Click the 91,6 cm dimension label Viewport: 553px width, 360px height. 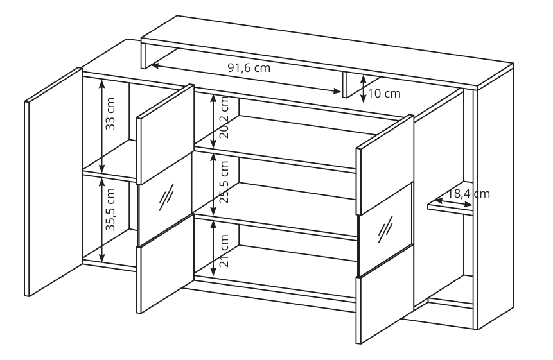click(x=249, y=67)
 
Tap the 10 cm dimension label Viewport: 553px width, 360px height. click(x=384, y=94)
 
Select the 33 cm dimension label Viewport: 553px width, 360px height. click(x=110, y=114)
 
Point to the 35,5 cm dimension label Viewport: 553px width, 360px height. click(x=110, y=209)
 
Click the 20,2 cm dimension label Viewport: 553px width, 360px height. click(x=224, y=117)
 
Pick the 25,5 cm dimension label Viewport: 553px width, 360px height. click(x=224, y=182)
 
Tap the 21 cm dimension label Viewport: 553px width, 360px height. click(x=224, y=250)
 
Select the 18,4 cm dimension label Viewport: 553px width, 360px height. click(x=469, y=194)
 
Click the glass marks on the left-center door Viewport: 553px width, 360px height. click(x=166, y=197)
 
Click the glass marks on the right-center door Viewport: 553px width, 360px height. click(x=385, y=229)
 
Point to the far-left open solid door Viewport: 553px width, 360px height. click(x=53, y=182)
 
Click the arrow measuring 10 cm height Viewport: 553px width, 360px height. click(x=364, y=89)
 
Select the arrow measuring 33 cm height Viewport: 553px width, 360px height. click(x=102, y=126)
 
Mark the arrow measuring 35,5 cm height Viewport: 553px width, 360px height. click(x=102, y=220)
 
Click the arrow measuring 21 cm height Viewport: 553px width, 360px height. click(x=213, y=248)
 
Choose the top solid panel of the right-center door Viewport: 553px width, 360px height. click(x=385, y=164)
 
